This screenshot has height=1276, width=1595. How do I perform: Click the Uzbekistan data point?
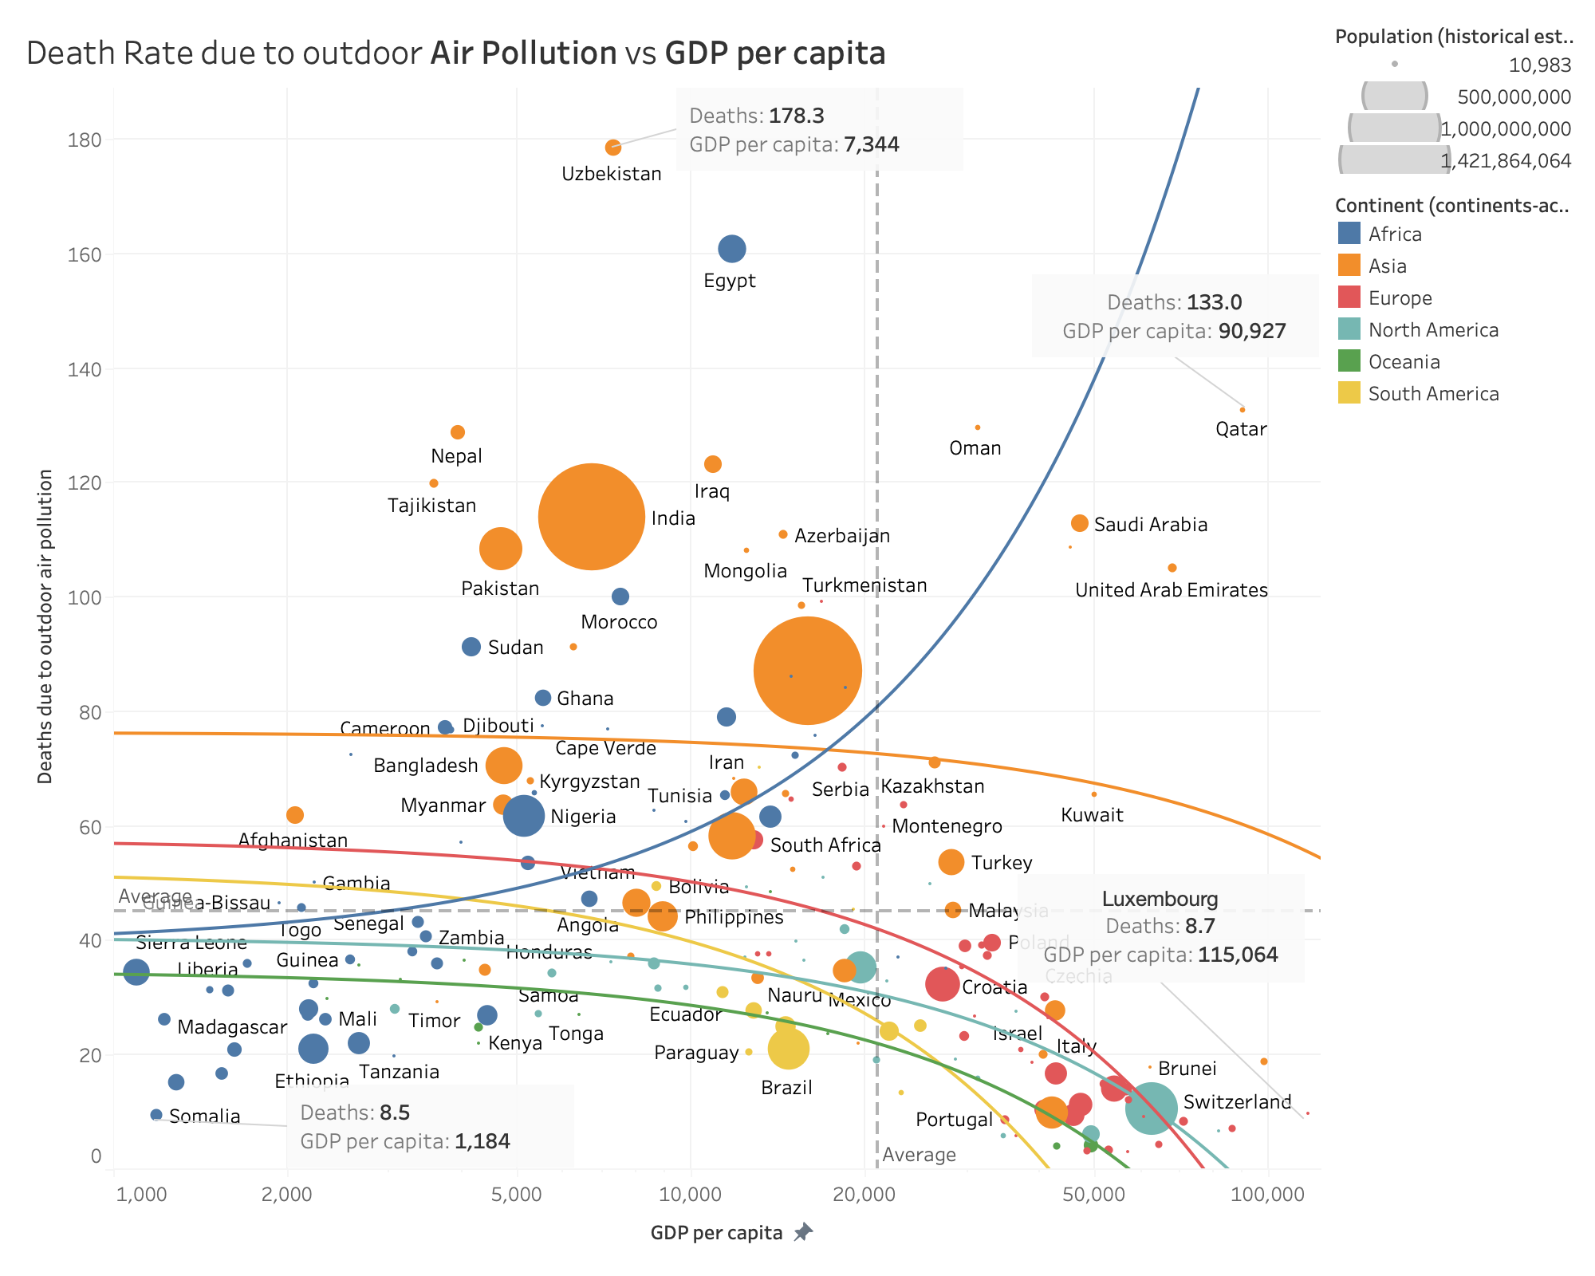[x=612, y=148]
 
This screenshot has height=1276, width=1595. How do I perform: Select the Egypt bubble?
[x=731, y=249]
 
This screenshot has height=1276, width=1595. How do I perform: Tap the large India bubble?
[x=591, y=517]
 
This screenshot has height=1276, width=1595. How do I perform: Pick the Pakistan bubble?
[x=500, y=549]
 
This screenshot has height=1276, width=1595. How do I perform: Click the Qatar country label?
[x=1241, y=429]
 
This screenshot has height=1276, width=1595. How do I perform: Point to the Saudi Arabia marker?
[x=1079, y=523]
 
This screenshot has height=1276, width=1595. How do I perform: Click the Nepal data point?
[x=458, y=432]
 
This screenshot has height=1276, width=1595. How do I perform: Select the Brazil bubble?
[x=788, y=1049]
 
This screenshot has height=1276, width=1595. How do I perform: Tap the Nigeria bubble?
[x=523, y=816]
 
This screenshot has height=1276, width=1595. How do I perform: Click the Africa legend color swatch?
[x=1349, y=234]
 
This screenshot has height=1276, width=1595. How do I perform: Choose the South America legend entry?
[x=1433, y=394]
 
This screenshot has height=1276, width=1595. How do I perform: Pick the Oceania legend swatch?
[x=1349, y=362]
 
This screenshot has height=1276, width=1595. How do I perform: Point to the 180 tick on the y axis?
[x=85, y=140]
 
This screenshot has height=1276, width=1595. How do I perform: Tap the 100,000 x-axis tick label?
[x=1267, y=1195]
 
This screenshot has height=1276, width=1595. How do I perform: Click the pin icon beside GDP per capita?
[x=803, y=1233]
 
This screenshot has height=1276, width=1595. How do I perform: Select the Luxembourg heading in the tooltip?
[x=1160, y=899]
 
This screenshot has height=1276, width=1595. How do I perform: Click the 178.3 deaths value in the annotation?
[x=796, y=116]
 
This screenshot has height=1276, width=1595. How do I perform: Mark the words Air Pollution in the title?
[x=523, y=53]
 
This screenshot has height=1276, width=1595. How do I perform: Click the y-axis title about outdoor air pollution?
[x=45, y=626]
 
